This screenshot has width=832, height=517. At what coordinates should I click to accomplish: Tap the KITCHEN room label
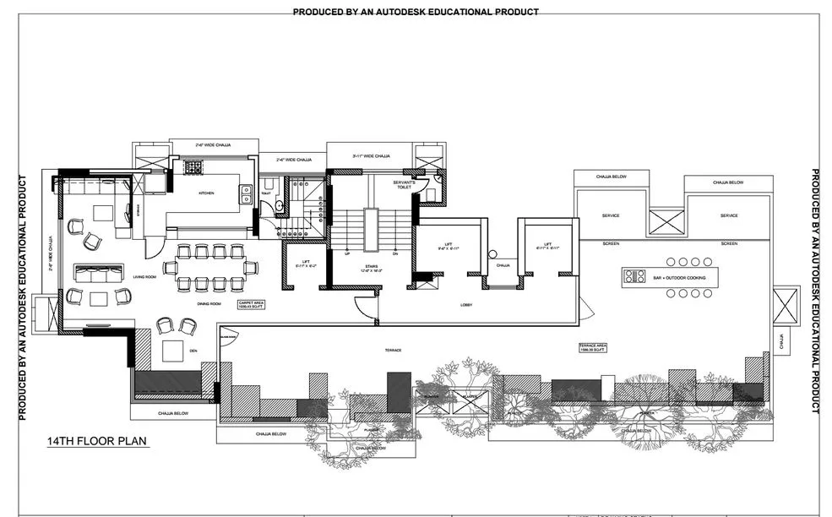(206, 193)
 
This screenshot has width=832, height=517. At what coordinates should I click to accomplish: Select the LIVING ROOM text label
(145, 277)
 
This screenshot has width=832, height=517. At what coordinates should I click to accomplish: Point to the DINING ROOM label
(209, 303)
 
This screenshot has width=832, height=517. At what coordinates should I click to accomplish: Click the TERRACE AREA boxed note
(592, 347)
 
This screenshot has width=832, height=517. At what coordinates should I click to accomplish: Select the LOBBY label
(465, 304)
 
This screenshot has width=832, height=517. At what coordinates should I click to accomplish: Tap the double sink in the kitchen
(245, 193)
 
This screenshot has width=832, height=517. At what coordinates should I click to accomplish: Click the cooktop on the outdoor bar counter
(634, 276)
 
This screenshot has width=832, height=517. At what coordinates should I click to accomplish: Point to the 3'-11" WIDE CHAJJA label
(370, 156)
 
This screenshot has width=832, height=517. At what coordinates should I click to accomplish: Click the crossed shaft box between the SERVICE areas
(666, 222)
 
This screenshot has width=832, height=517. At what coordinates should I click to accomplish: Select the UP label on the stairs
(347, 253)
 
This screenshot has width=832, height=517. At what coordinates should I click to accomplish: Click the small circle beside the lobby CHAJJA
(492, 254)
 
